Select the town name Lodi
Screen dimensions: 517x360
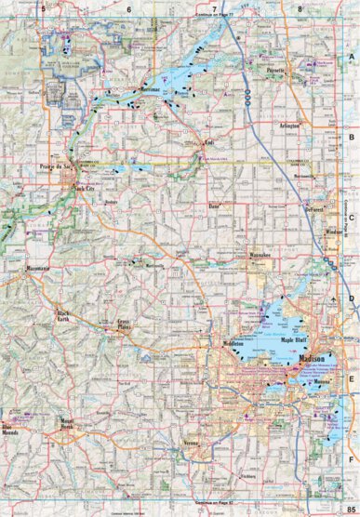point(210,144)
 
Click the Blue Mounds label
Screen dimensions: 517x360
point(15,415)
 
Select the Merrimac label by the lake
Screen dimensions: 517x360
point(144,90)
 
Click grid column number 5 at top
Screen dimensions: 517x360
point(43,7)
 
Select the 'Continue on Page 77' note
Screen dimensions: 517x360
point(217,17)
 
